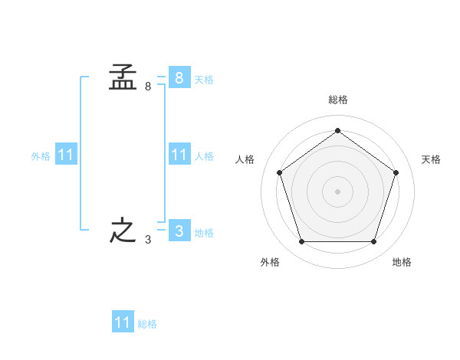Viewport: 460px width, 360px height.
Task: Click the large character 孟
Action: pyautogui.click(x=123, y=77)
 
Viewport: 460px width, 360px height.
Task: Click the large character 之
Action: pyautogui.click(x=123, y=231)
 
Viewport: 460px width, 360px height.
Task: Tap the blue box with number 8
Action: pyautogui.click(x=179, y=77)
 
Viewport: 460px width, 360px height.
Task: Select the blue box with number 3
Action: pyautogui.click(x=179, y=231)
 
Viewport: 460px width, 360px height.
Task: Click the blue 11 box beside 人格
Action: pyautogui.click(x=179, y=155)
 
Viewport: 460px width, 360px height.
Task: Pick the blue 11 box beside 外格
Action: pyautogui.click(x=66, y=155)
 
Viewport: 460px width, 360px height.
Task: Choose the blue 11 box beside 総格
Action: pyautogui.click(x=123, y=322)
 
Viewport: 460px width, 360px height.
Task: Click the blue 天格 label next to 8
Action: pyautogui.click(x=204, y=79)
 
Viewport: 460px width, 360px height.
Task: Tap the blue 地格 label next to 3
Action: pyautogui.click(x=204, y=232)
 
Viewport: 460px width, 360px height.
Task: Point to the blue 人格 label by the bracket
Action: pyautogui.click(x=204, y=156)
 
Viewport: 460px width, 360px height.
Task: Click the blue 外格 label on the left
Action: pyautogui.click(x=41, y=156)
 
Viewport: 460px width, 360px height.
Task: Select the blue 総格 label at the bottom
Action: pyautogui.click(x=147, y=324)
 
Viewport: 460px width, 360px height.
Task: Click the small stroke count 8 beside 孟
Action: pyautogui.click(x=148, y=87)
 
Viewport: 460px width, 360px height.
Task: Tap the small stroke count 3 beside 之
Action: pyautogui.click(x=148, y=240)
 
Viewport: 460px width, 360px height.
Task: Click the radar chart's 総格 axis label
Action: pyautogui.click(x=337, y=100)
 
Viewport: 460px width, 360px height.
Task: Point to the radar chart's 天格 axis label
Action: pyautogui.click(x=431, y=159)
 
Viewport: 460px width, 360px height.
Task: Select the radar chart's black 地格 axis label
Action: pyautogui.click(x=402, y=262)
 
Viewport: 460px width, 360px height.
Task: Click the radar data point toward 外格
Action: pyautogui.click(x=301, y=242)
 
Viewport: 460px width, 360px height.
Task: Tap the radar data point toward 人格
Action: pyautogui.click(x=279, y=172)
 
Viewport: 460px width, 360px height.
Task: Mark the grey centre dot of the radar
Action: pyautogui.click(x=337, y=191)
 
